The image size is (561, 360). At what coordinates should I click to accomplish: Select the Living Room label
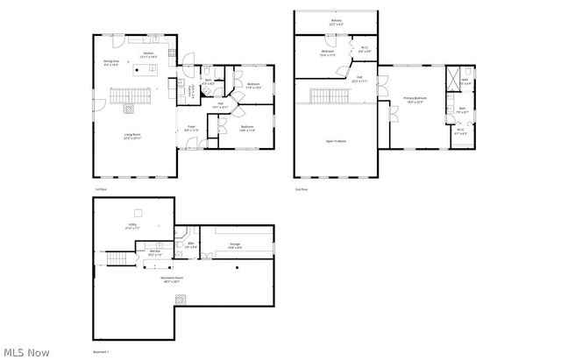click(x=132, y=136)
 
